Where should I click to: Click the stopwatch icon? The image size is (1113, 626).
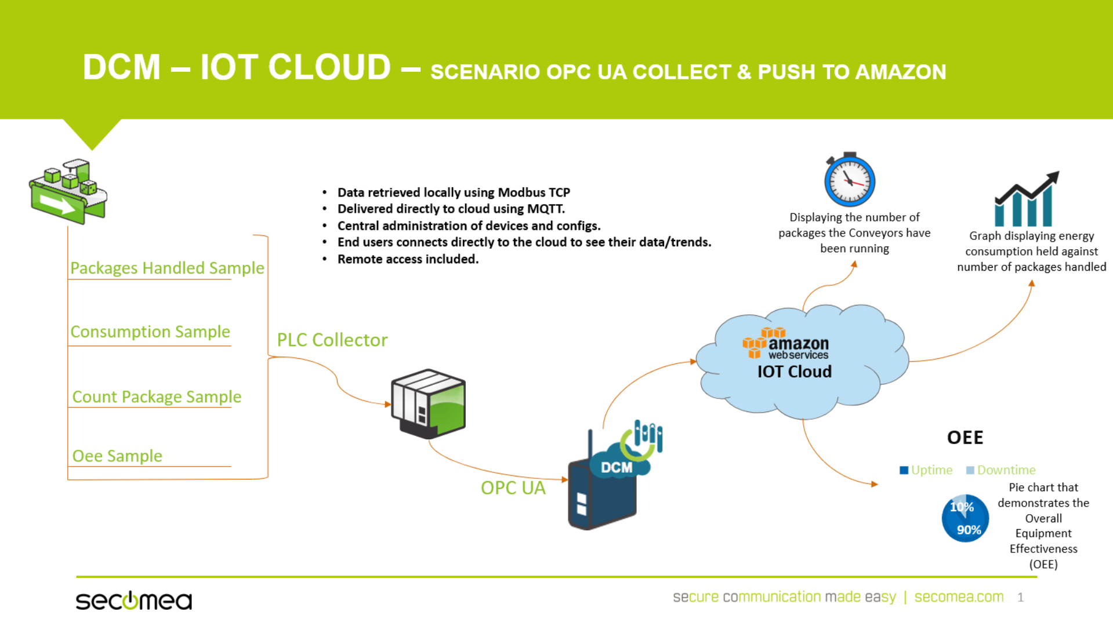click(850, 180)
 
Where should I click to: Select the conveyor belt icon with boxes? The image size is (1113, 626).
click(68, 191)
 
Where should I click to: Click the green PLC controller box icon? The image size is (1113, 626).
click(429, 403)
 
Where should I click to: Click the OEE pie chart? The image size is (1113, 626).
click(965, 518)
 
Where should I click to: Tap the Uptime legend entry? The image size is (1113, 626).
click(926, 470)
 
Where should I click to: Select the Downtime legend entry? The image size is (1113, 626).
click(1000, 470)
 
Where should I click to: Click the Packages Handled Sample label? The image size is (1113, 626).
click(167, 268)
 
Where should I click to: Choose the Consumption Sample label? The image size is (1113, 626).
click(150, 332)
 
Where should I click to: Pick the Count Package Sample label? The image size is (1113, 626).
click(157, 396)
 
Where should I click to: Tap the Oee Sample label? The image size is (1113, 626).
click(117, 456)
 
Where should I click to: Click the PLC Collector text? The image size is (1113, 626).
click(332, 340)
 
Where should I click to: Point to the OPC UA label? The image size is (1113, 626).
click(513, 488)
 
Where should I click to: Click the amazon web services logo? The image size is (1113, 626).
click(786, 344)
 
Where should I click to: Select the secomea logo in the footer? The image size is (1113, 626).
click(134, 600)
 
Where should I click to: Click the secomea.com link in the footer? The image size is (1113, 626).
click(959, 597)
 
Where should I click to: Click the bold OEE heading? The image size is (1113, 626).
click(965, 438)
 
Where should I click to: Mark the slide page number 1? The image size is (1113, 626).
click(1020, 598)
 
